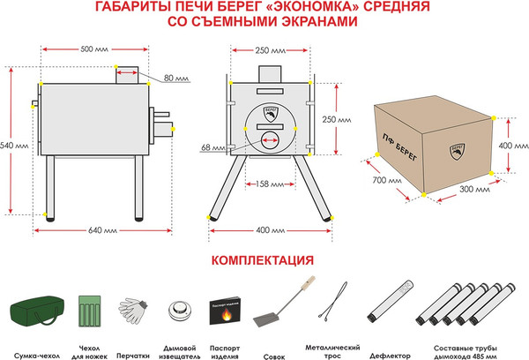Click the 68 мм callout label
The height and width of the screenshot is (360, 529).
(212, 146)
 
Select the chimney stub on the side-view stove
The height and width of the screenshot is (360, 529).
(125, 73)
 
